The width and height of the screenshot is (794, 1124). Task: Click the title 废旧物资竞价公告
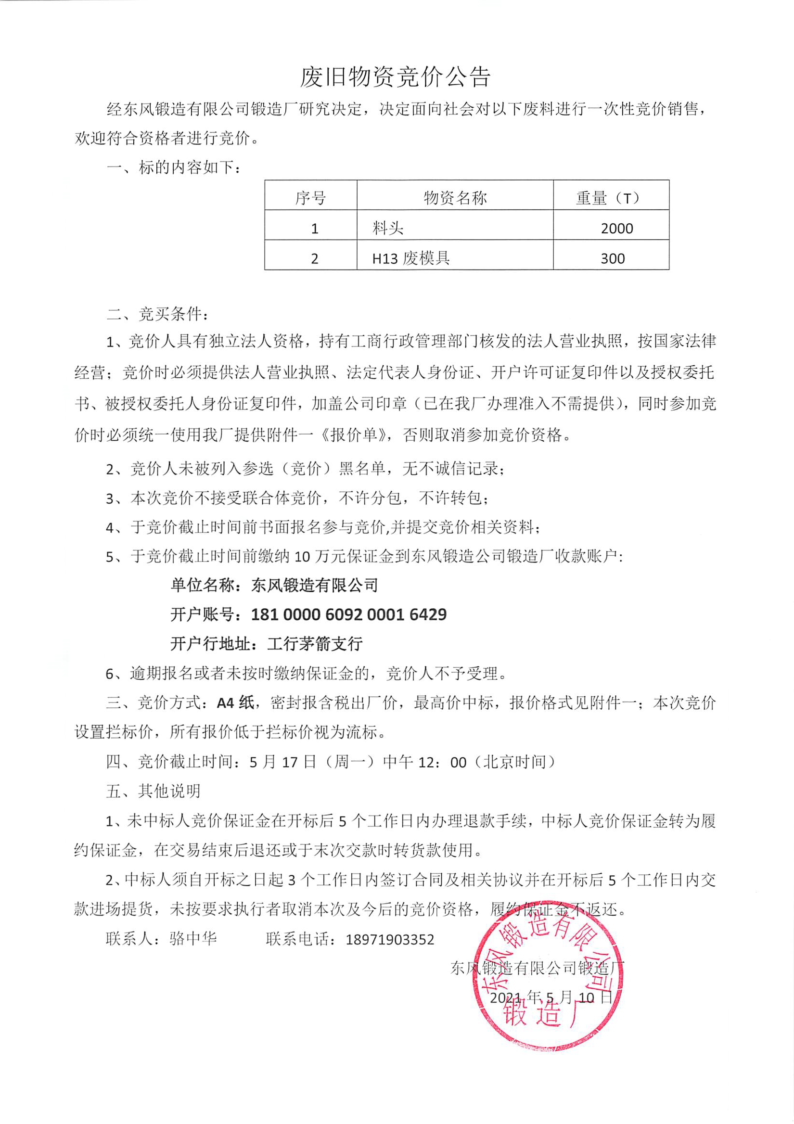[395, 77]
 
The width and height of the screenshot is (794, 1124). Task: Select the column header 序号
[310, 198]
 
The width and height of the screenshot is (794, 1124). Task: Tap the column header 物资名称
[455, 198]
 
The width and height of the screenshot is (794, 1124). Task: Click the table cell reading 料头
[388, 228]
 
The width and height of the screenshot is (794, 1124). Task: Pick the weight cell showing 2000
[617, 228]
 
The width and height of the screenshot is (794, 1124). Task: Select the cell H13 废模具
[410, 258]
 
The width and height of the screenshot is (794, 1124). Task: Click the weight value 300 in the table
[613, 258]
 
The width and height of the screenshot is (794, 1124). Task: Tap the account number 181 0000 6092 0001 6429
[348, 615]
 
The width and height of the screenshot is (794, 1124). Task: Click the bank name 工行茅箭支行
[315, 644]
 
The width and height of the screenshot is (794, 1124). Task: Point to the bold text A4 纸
[235, 703]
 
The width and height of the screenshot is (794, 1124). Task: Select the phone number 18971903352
[390, 939]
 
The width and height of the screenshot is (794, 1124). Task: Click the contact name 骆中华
[193, 939]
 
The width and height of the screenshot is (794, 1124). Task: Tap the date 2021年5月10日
[551, 997]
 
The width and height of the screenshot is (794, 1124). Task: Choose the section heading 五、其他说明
[153, 791]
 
